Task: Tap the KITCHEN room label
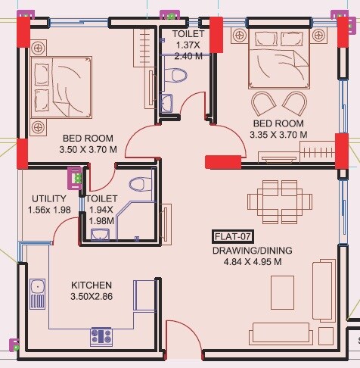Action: point(92,285)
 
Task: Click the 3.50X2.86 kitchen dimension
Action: point(92,297)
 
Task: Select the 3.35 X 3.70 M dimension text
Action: point(278,135)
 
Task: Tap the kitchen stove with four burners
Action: point(101,335)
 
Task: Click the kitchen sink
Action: point(36,292)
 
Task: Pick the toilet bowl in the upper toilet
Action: point(178,75)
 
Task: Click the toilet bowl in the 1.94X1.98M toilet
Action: point(138,184)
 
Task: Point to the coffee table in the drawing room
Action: point(282,288)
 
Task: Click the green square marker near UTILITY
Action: point(76,178)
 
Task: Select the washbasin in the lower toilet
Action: point(98,233)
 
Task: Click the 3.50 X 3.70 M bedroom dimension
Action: point(88,150)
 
